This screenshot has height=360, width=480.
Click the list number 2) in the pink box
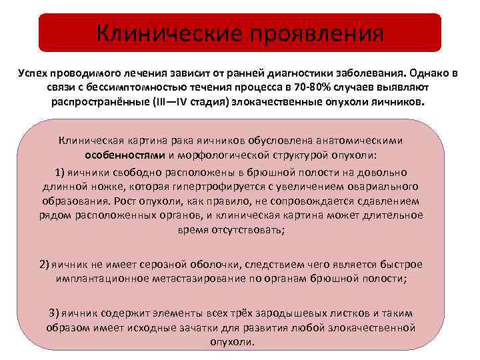tap(45, 265)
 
